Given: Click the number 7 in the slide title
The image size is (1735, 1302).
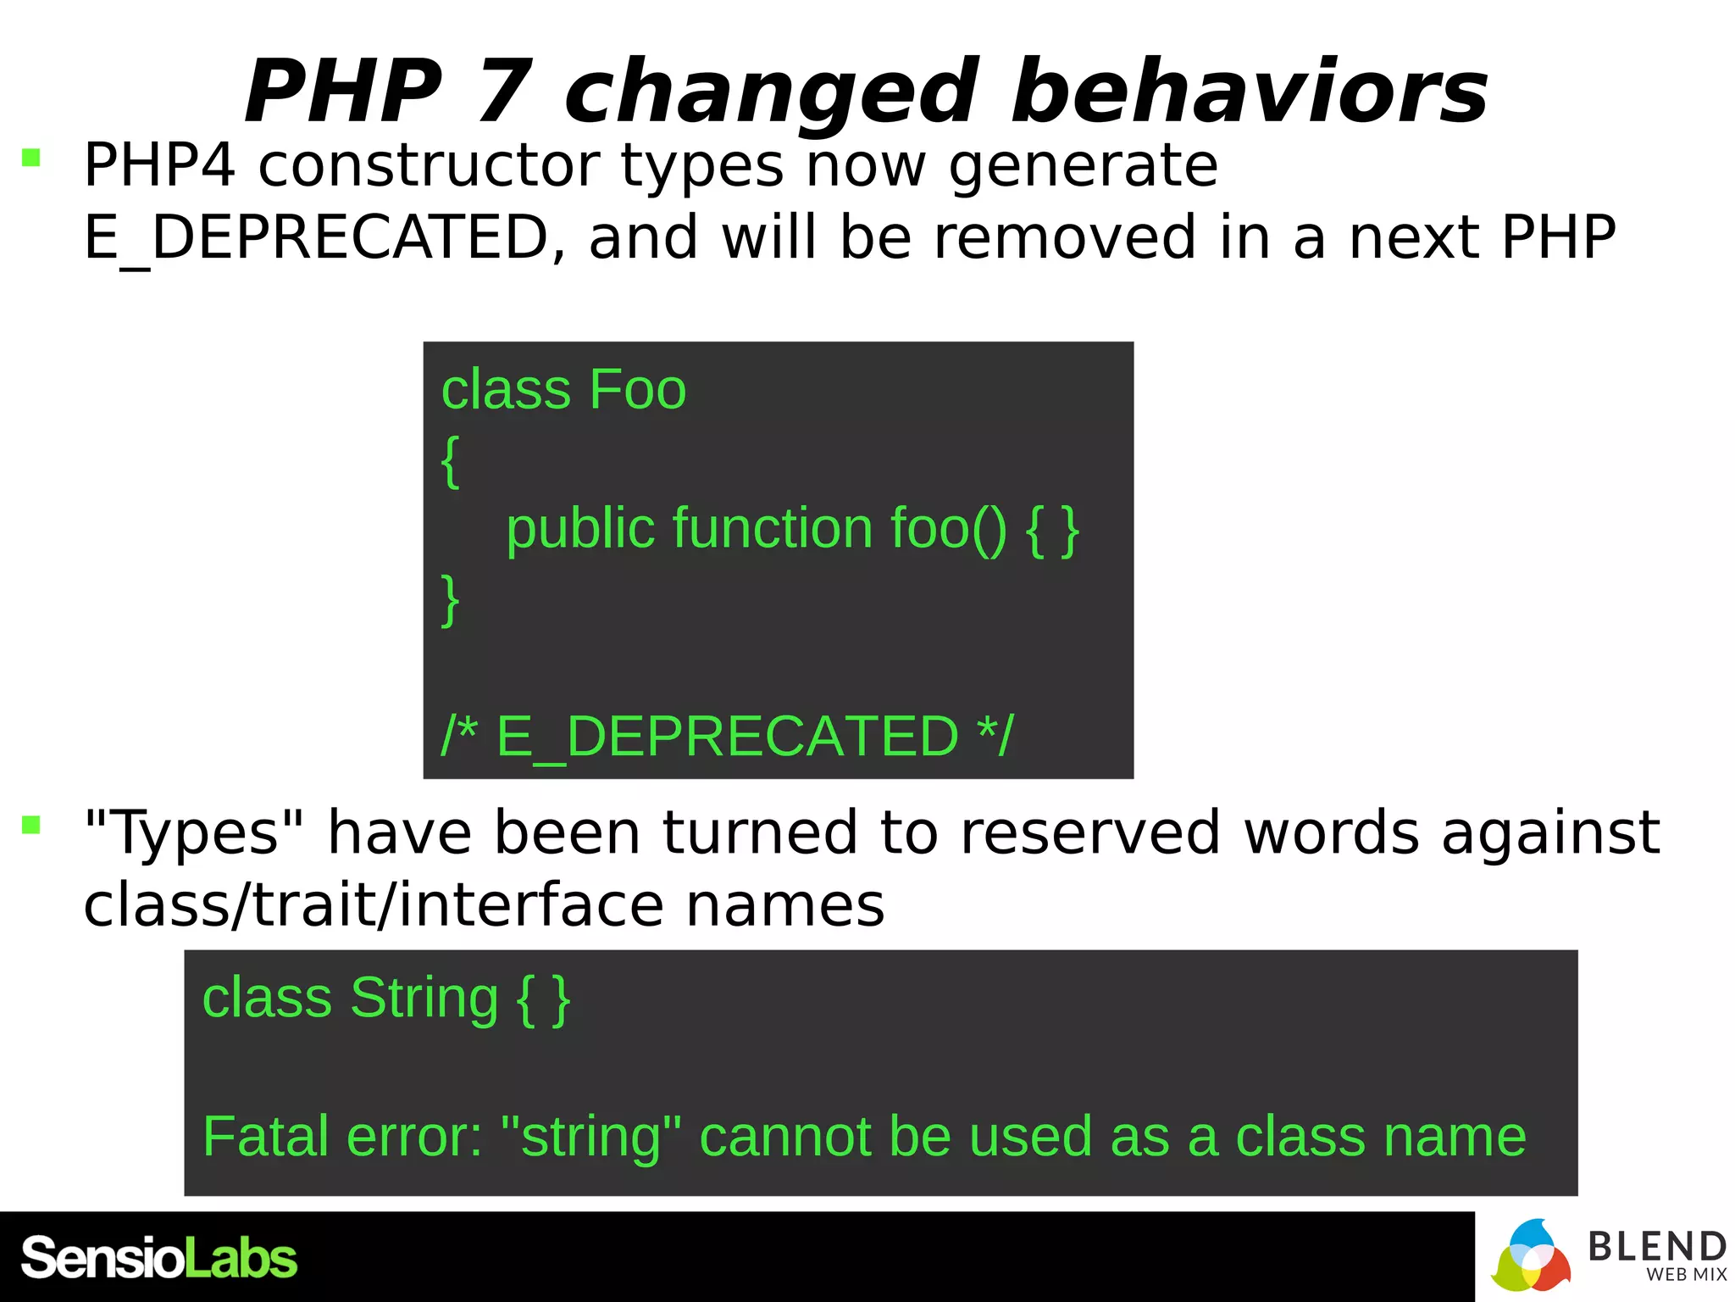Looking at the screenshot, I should pyautogui.click(x=505, y=92).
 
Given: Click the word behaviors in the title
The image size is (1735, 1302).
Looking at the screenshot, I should pyautogui.click(x=1249, y=92).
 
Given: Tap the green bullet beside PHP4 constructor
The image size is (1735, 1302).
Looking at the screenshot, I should pyautogui.click(x=31, y=158).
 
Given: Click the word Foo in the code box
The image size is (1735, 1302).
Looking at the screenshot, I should pyautogui.click(x=637, y=390).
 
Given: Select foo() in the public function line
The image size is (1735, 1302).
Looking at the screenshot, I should pyautogui.click(x=948, y=529).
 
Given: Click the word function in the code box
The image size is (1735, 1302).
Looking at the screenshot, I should pyautogui.click(x=772, y=529).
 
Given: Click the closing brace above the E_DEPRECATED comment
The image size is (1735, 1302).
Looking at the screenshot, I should pyautogui.click(x=451, y=599).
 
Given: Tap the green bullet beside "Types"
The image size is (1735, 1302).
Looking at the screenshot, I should pyautogui.click(x=31, y=825).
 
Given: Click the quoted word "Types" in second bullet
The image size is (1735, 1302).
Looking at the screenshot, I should pyautogui.click(x=194, y=832).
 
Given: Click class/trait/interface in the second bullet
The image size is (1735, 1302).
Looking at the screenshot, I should pyautogui.click(x=373, y=905).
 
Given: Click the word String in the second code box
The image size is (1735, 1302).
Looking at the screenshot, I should pyautogui.click(x=424, y=999).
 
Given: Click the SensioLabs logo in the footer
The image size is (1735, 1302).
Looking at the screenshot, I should pyautogui.click(x=159, y=1258).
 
